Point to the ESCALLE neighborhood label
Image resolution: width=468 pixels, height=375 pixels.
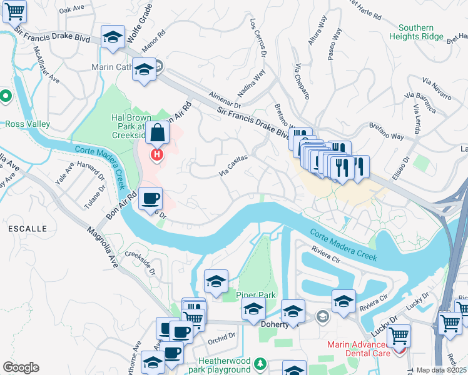[26, 229]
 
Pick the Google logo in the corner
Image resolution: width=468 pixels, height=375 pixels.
[21, 367]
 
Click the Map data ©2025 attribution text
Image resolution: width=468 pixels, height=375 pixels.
[442, 370]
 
